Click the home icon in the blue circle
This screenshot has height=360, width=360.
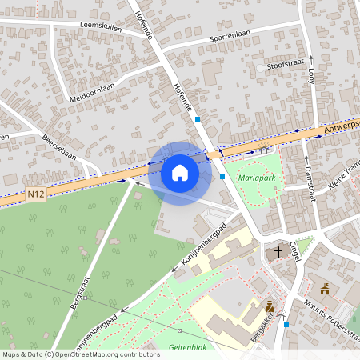[x=180, y=173]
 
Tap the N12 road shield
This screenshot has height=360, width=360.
[x=34, y=194]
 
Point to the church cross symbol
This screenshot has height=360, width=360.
[x=278, y=252]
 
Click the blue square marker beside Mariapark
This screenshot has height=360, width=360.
[x=222, y=176]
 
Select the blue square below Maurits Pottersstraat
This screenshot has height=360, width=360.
[x=286, y=325]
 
